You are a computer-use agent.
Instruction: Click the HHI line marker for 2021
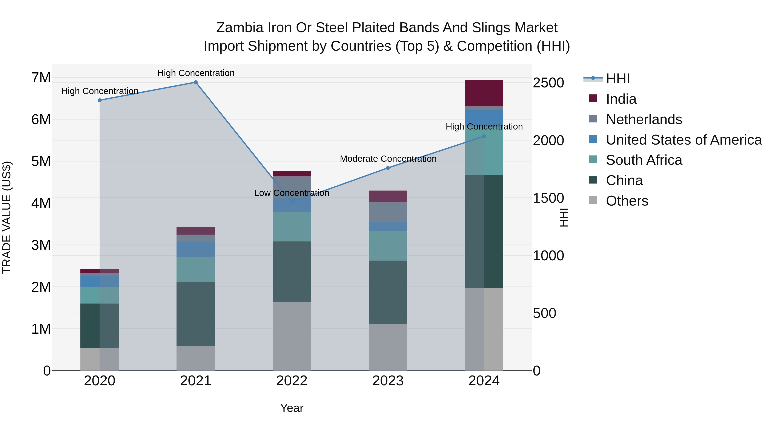196,82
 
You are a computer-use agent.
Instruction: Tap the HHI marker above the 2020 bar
100,100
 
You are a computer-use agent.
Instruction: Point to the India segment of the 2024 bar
484,93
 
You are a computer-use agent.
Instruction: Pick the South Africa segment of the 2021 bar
196,269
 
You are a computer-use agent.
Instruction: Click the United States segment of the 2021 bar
196,249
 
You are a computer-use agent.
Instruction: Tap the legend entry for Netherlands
644,119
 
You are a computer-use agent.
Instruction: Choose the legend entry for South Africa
644,160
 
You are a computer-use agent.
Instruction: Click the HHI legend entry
617,79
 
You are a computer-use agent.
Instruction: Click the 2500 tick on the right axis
548,83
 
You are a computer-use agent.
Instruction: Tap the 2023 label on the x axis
388,381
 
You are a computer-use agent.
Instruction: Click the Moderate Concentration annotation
388,159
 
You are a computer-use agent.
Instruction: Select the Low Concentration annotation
292,193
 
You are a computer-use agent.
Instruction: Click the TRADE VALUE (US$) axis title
7,217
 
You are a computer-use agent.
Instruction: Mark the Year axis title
292,408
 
